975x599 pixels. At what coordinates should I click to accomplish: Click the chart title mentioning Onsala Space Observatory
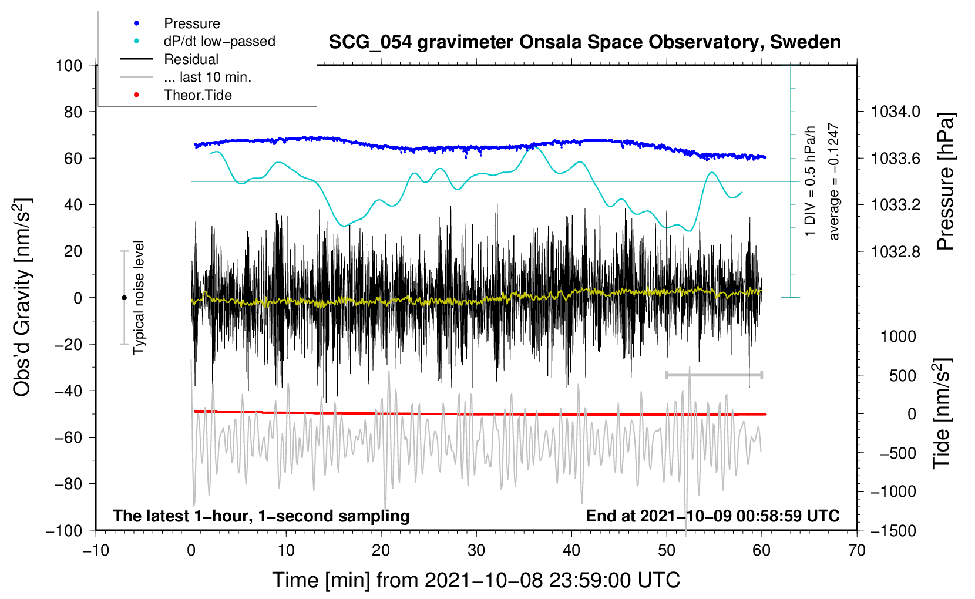(584, 42)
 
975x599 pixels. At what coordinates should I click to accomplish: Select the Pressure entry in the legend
(192, 23)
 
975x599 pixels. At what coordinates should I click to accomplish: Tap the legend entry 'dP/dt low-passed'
(219, 41)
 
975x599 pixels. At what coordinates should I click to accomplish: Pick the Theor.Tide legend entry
(198, 95)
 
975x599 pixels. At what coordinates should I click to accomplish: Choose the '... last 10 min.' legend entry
(207, 77)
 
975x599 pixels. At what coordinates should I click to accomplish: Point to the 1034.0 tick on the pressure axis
(895, 112)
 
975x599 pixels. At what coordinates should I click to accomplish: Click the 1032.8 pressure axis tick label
(895, 252)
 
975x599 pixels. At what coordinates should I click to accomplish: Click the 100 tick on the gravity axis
(69, 65)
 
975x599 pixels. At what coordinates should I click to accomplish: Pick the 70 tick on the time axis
(857, 550)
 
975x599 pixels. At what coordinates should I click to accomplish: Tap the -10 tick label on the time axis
(96, 550)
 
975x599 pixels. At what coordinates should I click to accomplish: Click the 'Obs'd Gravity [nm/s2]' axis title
(22, 298)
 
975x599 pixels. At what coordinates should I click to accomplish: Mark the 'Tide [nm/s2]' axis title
(942, 413)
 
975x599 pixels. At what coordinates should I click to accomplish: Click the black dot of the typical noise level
(124, 298)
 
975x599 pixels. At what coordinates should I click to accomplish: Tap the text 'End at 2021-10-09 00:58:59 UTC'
(712, 516)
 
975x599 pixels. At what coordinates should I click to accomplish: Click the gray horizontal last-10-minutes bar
(714, 375)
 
